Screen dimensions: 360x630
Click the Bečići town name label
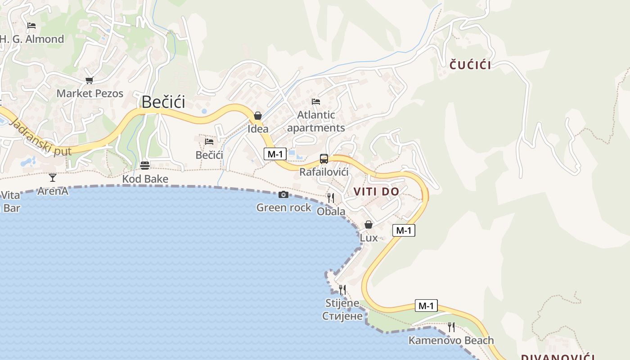(163, 102)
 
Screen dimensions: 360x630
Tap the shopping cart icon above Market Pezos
(89, 81)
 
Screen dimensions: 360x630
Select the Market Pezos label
(90, 94)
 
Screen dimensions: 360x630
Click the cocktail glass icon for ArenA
(53, 178)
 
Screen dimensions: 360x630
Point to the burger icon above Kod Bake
(145, 165)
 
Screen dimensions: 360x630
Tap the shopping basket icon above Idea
(258, 116)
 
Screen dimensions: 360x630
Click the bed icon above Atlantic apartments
(316, 102)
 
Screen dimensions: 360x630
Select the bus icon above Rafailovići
(324, 158)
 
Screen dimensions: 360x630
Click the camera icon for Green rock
(283, 194)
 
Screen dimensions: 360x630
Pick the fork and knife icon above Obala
(331, 198)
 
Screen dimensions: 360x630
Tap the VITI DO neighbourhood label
(376, 192)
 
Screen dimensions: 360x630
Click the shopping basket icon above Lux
(369, 224)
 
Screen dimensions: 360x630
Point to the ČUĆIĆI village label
(470, 65)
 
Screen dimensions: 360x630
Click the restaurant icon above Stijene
(342, 289)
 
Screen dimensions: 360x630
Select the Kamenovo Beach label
(451, 340)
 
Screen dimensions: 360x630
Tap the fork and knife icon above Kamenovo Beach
(451, 327)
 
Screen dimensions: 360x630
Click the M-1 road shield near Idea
(275, 154)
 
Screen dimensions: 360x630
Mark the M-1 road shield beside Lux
(404, 230)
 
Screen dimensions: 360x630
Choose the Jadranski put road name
(40, 138)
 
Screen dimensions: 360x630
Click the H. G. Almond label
(32, 39)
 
